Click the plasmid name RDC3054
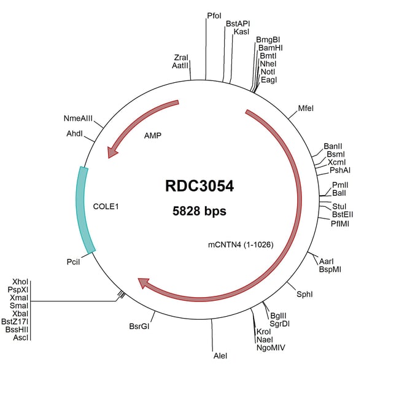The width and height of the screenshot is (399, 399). (x=199, y=186)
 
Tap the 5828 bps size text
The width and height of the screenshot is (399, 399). (x=199, y=211)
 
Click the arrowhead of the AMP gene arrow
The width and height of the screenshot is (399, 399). (x=112, y=153)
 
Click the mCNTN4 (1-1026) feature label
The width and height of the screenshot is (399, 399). (x=241, y=244)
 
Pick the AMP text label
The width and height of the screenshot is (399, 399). (x=152, y=135)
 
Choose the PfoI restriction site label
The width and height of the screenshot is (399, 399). (x=214, y=15)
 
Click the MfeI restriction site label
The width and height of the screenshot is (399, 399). (x=306, y=109)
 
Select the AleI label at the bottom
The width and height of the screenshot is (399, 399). (x=220, y=356)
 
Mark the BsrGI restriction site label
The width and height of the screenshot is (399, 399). (x=139, y=326)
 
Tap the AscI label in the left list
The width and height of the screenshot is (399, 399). (x=21, y=337)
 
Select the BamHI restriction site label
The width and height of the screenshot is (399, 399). (x=270, y=48)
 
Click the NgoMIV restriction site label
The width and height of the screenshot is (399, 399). (x=271, y=347)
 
